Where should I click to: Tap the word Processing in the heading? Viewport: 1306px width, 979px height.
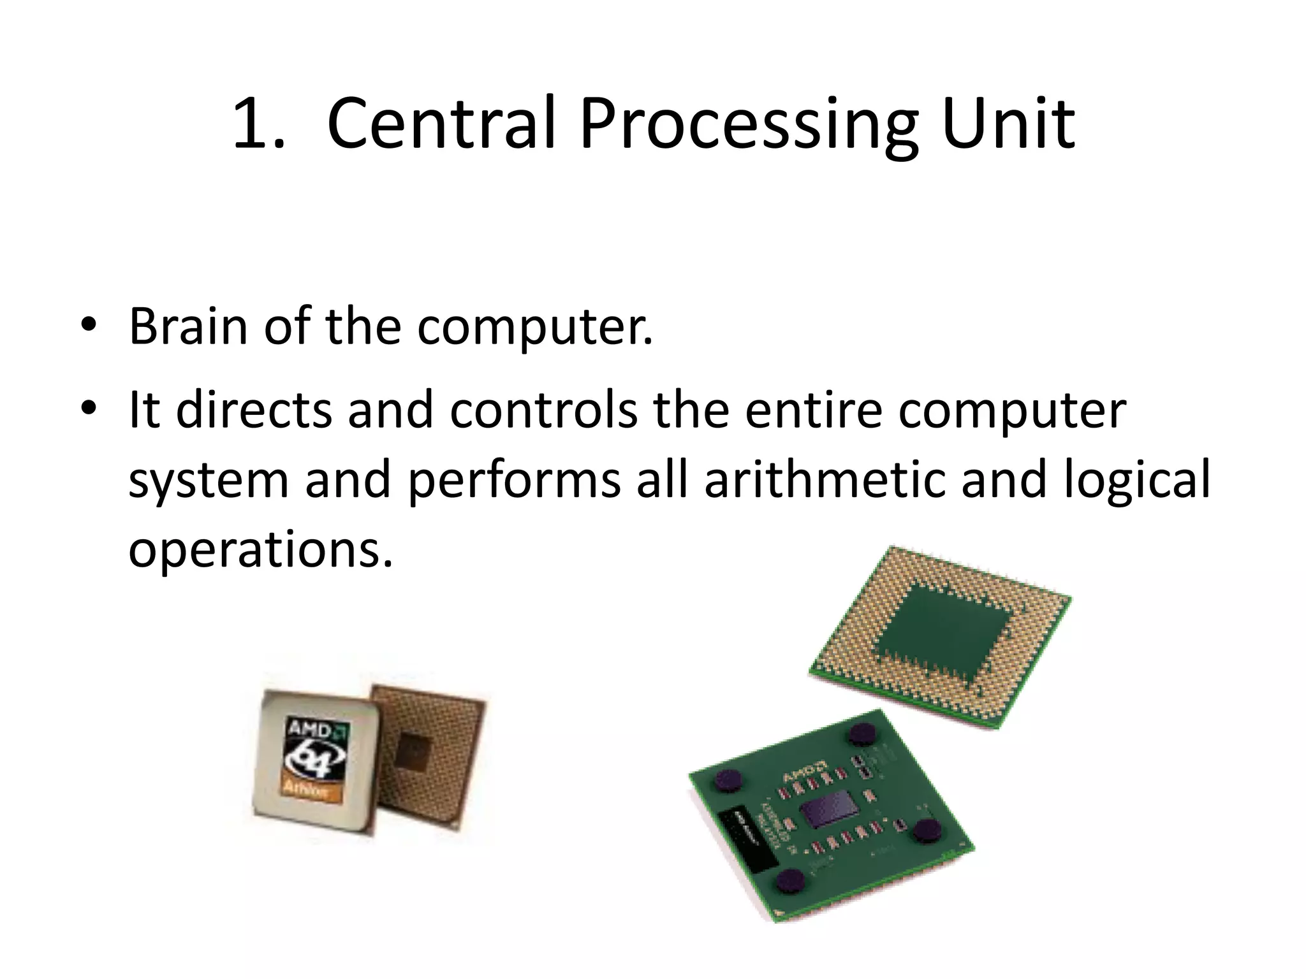click(x=749, y=126)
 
